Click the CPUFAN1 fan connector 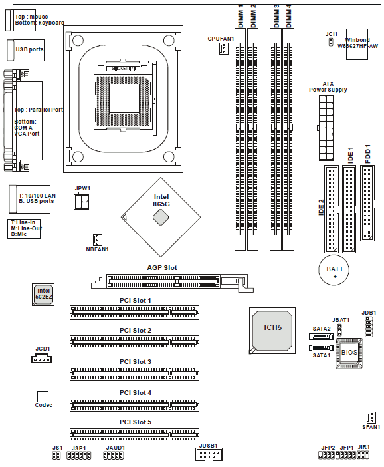pos(224,48)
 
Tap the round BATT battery pos(334,270)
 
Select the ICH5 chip pos(272,331)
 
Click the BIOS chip pos(349,353)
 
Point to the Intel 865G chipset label pos(161,200)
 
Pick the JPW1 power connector pos(81,202)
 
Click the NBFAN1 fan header pos(97,240)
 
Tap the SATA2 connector pos(321,337)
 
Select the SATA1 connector pos(321,348)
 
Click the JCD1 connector pos(41,359)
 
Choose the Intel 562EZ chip pos(43,295)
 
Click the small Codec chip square pos(43,396)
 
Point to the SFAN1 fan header pos(371,418)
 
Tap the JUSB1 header pos(209,454)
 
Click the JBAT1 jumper pos(339,331)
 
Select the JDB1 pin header pos(369,327)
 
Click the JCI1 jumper pos(331,42)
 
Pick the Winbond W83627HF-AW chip pos(357,44)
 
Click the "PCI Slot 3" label pos(136,362)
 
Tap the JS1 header pos(56,456)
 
